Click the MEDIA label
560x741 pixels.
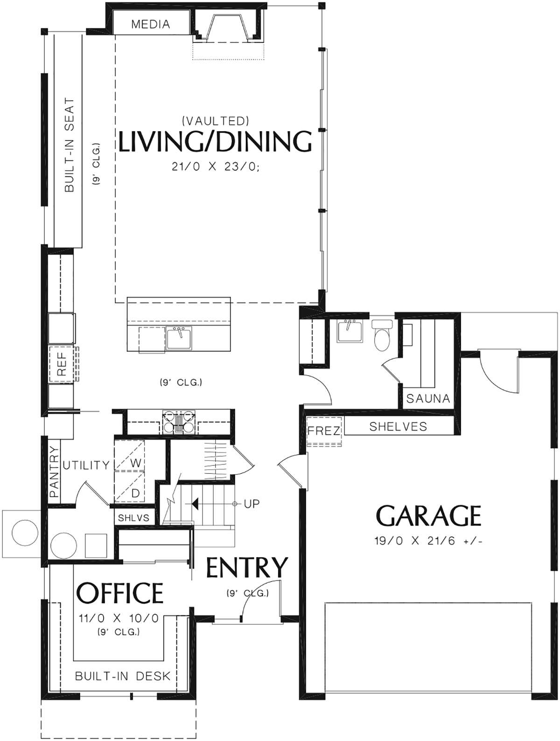[150, 24]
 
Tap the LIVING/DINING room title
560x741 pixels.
[215, 142]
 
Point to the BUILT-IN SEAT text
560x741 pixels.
[69, 145]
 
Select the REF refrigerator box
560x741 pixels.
[62, 364]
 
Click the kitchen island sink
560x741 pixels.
[179, 337]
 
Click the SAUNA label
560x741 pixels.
[428, 398]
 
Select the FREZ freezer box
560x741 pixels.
[324, 431]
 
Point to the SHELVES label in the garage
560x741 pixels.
[398, 426]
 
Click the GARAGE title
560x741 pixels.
[428, 516]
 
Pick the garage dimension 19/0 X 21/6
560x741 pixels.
[428, 541]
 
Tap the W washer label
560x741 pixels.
[135, 463]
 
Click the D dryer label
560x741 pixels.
[135, 494]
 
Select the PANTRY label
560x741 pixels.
[54, 472]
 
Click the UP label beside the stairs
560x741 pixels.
[252, 504]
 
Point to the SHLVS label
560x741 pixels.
[133, 518]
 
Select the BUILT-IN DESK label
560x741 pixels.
[123, 676]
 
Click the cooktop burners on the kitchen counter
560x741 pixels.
[179, 422]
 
